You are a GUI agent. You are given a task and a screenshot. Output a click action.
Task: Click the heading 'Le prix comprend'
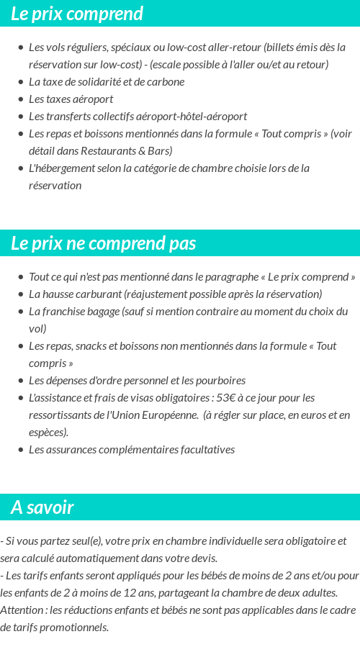(77, 14)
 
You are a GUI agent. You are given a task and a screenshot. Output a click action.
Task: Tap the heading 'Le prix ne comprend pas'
(103, 243)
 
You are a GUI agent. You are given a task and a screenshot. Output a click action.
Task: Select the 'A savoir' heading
(42, 507)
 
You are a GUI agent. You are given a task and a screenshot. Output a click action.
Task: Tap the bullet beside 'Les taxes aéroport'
(21, 99)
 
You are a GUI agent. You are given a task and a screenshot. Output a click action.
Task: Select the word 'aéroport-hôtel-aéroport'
(191, 117)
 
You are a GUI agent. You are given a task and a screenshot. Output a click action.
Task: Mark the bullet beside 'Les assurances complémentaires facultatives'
(21, 450)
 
